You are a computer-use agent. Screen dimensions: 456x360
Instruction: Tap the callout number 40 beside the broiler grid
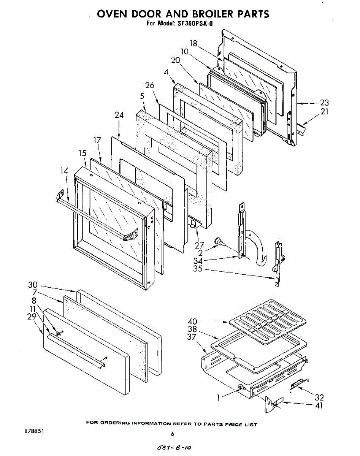pyautogui.click(x=192, y=321)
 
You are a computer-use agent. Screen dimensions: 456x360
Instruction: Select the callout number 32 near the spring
pyautogui.click(x=319, y=397)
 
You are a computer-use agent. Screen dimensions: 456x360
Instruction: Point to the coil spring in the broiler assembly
pyautogui.click(x=299, y=383)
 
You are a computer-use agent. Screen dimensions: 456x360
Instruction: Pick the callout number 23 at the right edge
pyautogui.click(x=324, y=103)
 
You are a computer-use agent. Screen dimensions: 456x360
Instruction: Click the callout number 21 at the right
pyautogui.click(x=324, y=112)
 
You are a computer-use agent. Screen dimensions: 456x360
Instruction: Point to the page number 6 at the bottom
pyautogui.click(x=173, y=434)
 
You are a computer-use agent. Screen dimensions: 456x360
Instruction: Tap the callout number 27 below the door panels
pyautogui.click(x=199, y=245)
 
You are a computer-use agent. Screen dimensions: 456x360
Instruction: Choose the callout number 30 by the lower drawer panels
pyautogui.click(x=33, y=285)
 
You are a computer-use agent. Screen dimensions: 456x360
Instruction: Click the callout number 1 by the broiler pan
pyautogui.click(x=218, y=397)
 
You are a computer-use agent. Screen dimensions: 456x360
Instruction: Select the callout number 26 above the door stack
pyautogui.click(x=150, y=85)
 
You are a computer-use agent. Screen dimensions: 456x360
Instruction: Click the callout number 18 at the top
pyautogui.click(x=193, y=43)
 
